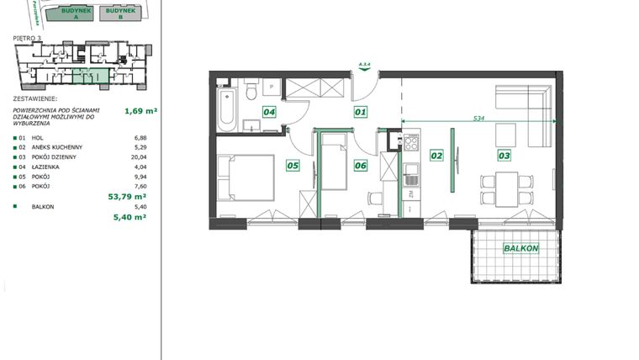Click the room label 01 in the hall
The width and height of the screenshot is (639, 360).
[361, 111]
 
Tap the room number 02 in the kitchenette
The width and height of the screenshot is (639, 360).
[436, 155]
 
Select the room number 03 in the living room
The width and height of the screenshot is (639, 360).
[504, 155]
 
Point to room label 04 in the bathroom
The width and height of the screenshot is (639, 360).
[270, 111]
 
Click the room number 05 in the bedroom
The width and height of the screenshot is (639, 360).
[293, 166]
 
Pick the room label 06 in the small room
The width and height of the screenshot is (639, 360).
[361, 166]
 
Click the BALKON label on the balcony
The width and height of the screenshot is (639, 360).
[522, 249]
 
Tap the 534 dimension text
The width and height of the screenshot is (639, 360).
[478, 119]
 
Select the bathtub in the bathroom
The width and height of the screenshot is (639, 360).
[225, 110]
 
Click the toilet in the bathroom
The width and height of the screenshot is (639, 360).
[251, 92]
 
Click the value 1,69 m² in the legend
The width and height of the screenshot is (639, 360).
[140, 110]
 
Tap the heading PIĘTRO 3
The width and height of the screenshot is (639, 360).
[29, 38]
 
